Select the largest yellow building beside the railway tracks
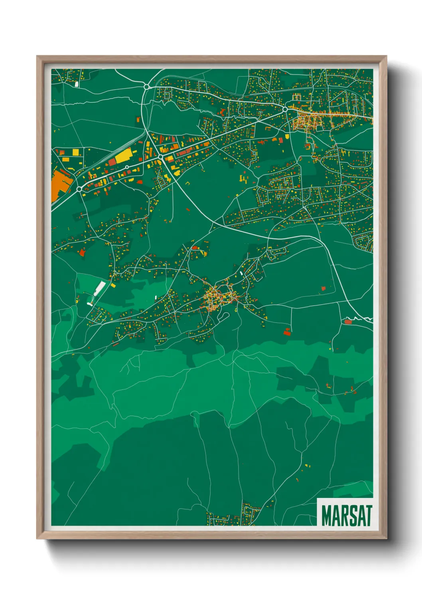[x=123, y=155]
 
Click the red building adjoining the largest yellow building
[x=112, y=161]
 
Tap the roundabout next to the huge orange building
[x=79, y=188]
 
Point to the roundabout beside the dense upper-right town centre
[x=285, y=109]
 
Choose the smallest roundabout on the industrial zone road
[x=127, y=167]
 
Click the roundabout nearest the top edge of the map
[x=146, y=86]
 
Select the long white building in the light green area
[x=100, y=288]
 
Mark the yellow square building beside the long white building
[x=113, y=286]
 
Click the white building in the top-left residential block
[x=77, y=84]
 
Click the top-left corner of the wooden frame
[x=37, y=56]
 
